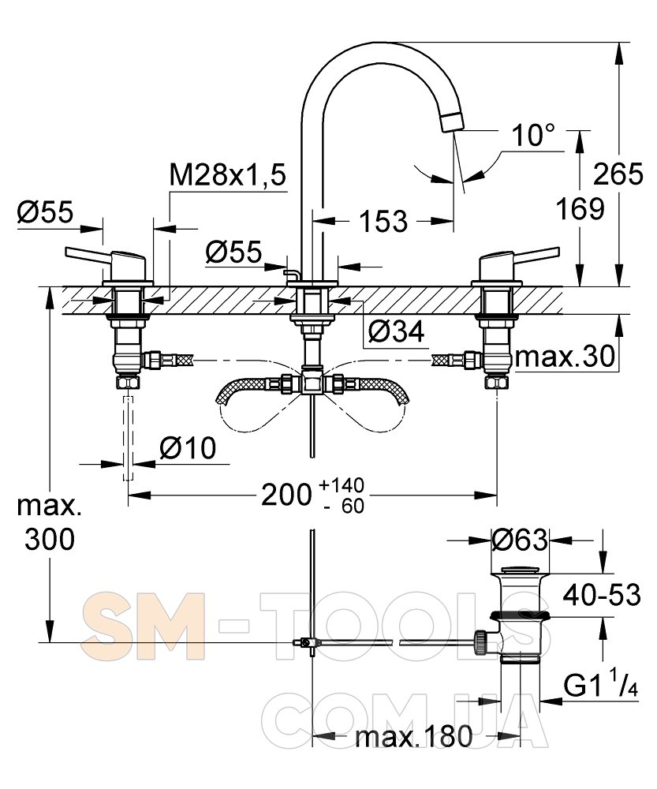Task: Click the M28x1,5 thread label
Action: [228, 176]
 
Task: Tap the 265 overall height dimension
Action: [618, 174]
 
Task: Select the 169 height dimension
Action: [580, 209]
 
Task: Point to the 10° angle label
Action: [532, 136]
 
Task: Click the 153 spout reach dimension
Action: [383, 222]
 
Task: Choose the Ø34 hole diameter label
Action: [396, 331]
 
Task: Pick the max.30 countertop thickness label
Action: [565, 357]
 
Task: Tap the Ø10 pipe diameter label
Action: [188, 448]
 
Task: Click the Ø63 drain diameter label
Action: [520, 540]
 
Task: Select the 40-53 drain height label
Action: [602, 595]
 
